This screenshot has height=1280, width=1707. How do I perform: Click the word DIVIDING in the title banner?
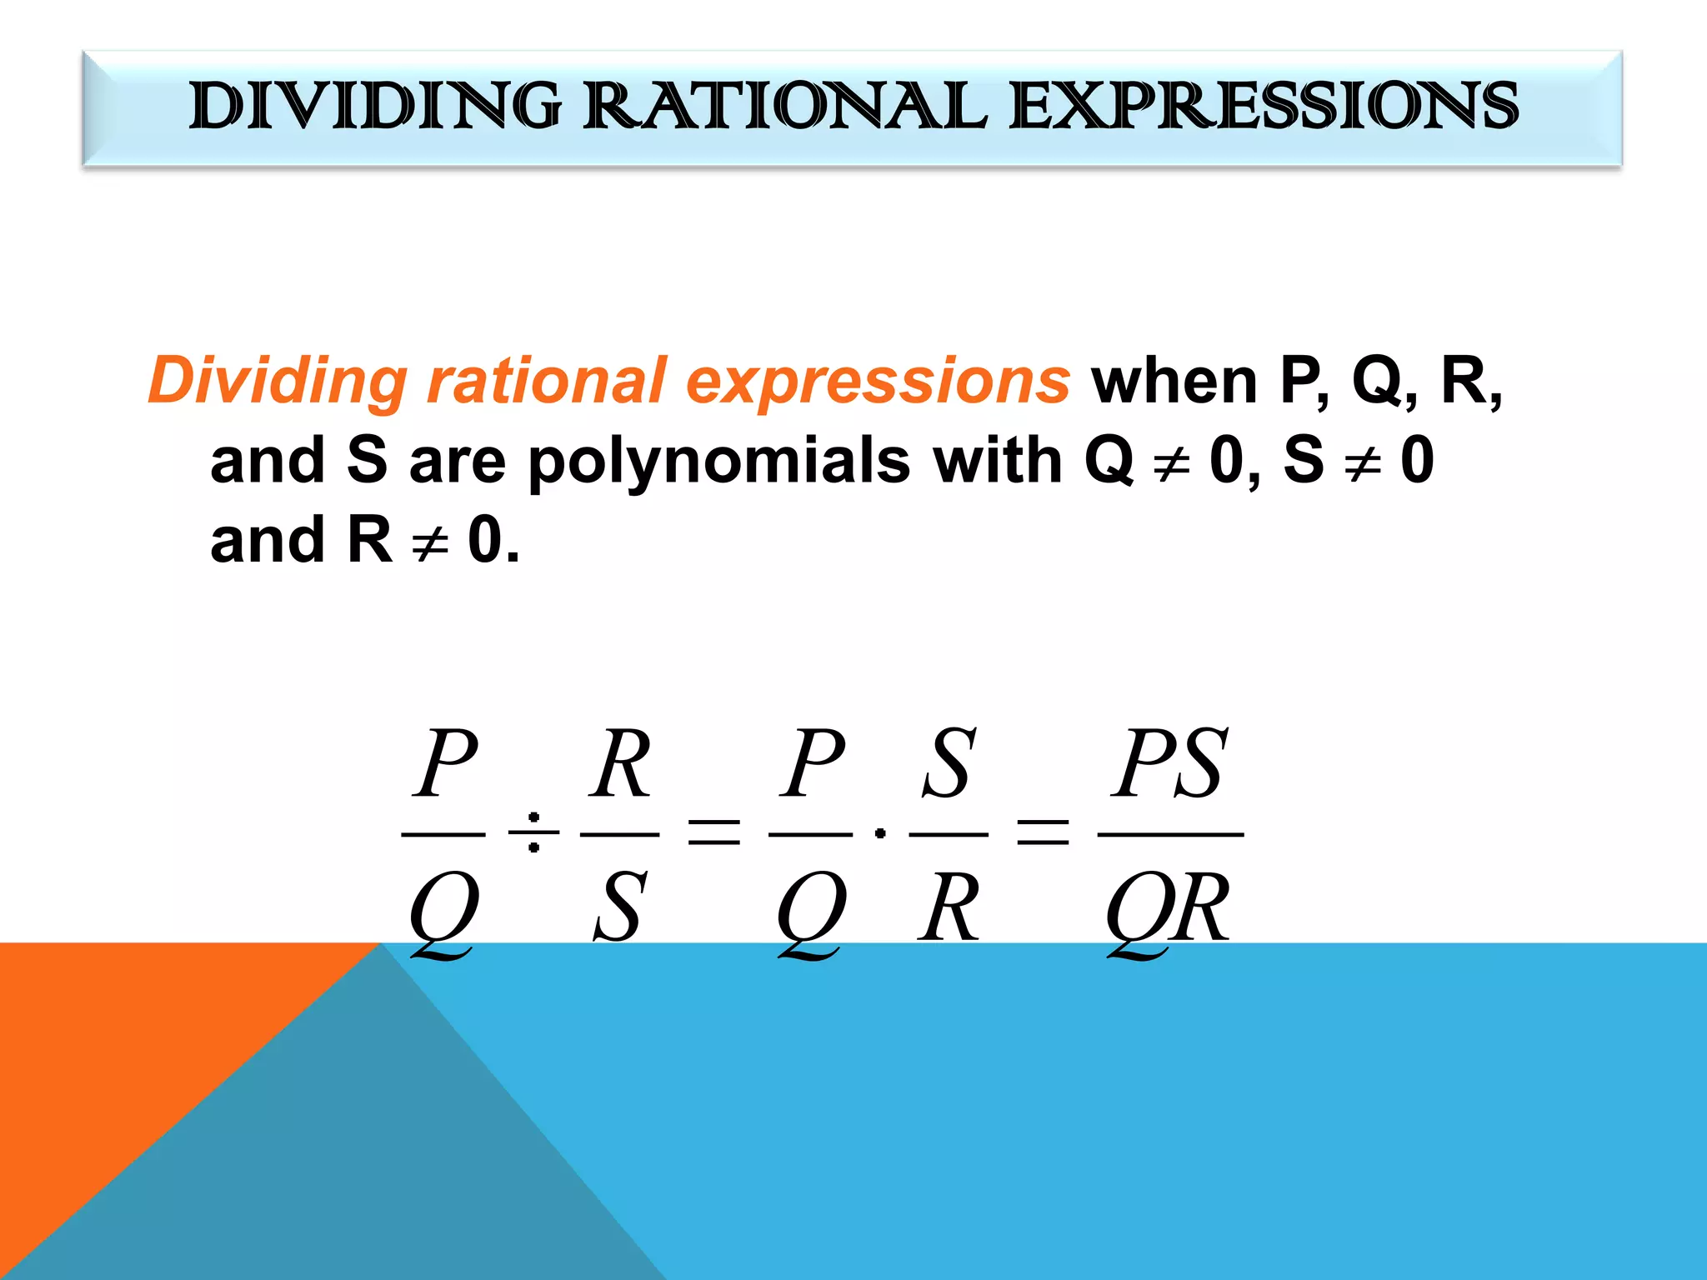click(375, 106)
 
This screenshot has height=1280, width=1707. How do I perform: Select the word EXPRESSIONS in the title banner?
click(1264, 106)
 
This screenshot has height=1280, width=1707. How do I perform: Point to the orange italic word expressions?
click(878, 382)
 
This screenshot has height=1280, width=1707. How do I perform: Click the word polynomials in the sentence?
click(718, 461)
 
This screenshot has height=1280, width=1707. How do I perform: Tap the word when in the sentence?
click(1174, 382)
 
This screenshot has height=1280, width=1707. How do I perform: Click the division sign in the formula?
click(533, 832)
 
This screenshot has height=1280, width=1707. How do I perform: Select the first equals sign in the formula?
click(713, 832)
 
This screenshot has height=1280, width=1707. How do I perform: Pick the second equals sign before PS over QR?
click(1043, 832)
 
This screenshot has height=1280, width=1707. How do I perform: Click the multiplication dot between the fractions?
click(880, 832)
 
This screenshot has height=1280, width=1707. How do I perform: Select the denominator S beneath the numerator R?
click(619, 907)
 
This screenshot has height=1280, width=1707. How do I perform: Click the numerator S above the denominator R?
click(949, 762)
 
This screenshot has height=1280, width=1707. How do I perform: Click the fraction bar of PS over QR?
click(1170, 833)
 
